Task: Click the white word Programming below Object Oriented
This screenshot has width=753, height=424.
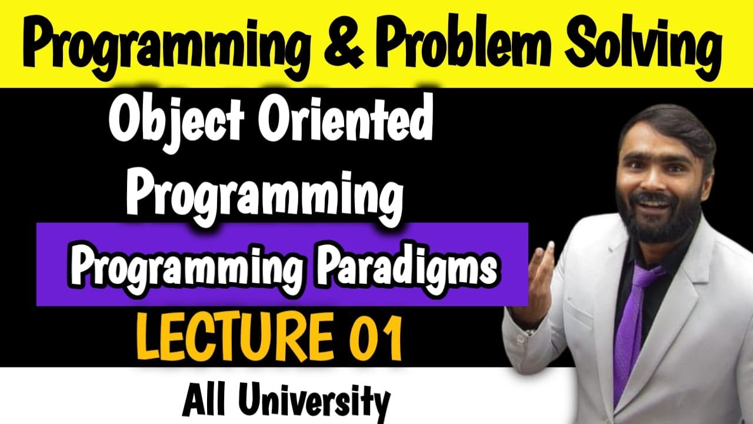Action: [x=265, y=194]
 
